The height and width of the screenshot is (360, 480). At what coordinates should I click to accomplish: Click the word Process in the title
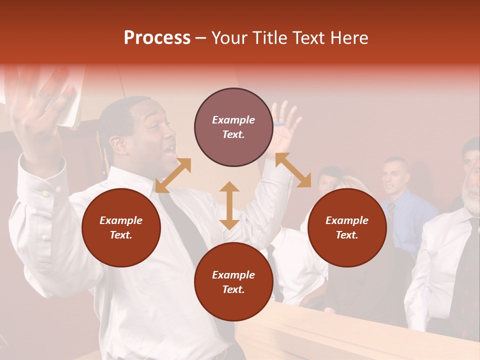(157, 38)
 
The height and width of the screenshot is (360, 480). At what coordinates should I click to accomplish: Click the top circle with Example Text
(233, 127)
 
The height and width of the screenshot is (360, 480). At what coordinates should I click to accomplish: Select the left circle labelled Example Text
(121, 227)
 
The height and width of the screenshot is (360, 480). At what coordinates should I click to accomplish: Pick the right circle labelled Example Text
(346, 227)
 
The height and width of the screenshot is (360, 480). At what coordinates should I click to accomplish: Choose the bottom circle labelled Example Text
(233, 282)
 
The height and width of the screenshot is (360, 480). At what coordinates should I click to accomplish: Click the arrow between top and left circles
(173, 175)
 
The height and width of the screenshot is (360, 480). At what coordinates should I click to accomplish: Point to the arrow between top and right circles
(293, 170)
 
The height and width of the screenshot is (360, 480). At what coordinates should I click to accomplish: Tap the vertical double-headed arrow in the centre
(229, 205)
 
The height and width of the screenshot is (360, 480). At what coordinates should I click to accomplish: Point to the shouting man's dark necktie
(182, 225)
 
